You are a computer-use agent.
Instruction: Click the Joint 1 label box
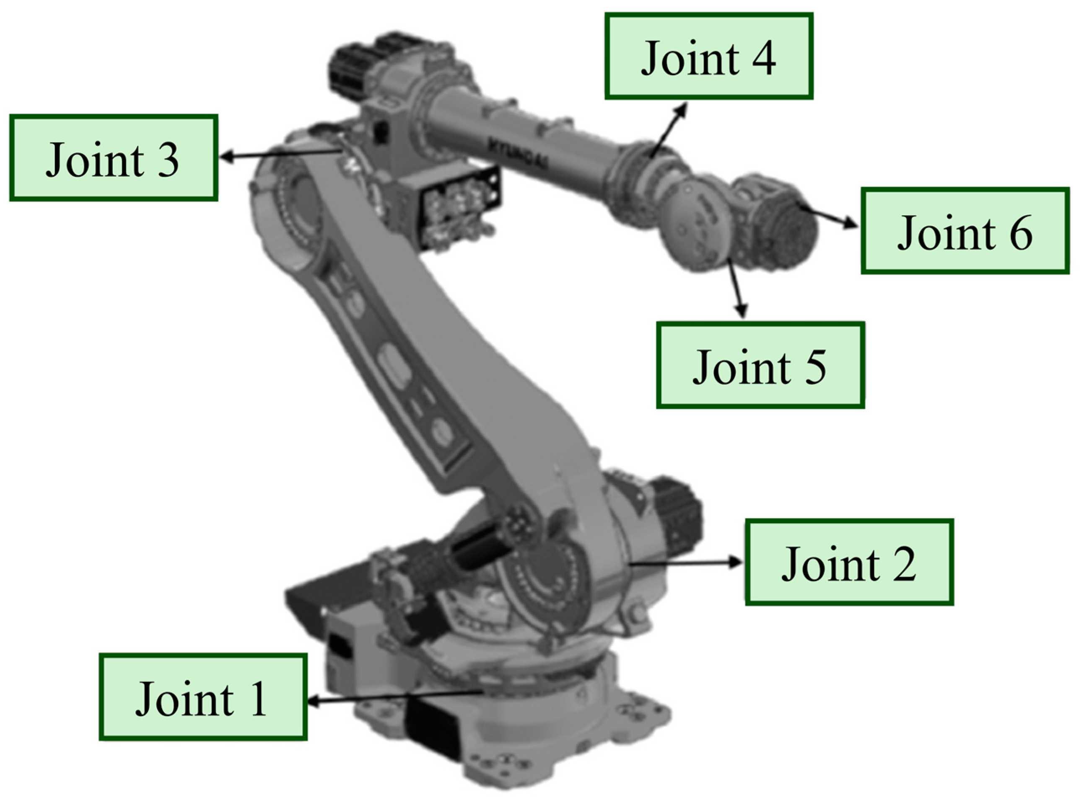203,697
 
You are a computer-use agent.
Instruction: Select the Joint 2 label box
849,562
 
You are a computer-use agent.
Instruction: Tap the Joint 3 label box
114,158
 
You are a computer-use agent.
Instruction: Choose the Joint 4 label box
708,56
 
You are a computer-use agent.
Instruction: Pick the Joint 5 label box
760,365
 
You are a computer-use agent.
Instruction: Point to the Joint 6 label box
965,230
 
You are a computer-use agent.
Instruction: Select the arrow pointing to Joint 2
686,562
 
